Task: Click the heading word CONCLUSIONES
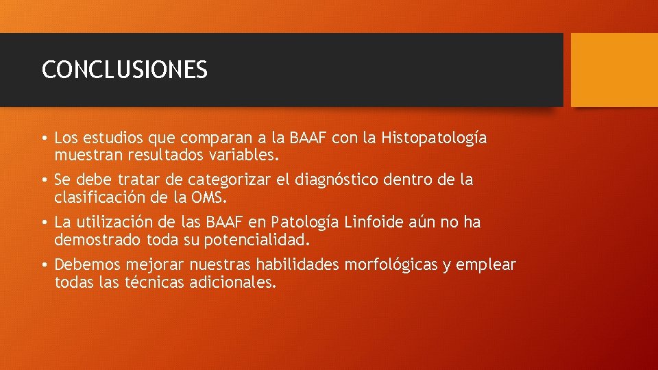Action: pyautogui.click(x=124, y=70)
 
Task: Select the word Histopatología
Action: pyautogui.click(x=435, y=138)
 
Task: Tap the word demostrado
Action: pyautogui.click(x=97, y=241)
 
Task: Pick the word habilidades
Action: pyautogui.click(x=299, y=265)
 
